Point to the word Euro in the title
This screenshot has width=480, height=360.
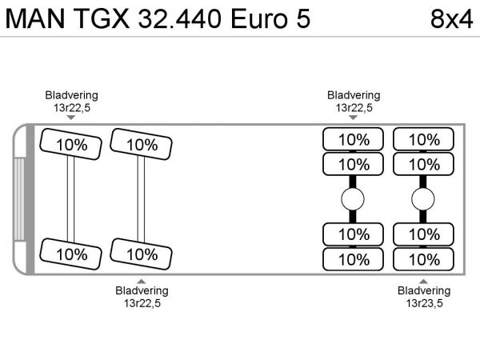pos(256,18)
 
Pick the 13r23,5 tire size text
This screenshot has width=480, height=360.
pos(424,303)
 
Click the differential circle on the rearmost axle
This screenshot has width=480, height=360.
pos(423,199)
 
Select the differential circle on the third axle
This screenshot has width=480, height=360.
pos(353,199)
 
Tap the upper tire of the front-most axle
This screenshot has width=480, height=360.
pos(72,145)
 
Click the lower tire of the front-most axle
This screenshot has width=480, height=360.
pos(72,254)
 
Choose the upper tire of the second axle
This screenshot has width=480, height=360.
pos(142,145)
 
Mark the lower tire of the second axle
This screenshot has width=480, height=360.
pos(142,254)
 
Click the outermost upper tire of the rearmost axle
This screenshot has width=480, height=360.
pos(424,139)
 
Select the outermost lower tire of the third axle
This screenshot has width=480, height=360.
pos(354,259)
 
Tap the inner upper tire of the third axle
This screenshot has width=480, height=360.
pos(354,164)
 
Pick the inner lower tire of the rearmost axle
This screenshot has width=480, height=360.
pos(424,234)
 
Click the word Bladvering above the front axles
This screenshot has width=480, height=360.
pos(71,95)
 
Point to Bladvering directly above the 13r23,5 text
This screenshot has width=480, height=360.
pos(424,290)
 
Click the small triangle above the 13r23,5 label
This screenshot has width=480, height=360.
pos(424,281)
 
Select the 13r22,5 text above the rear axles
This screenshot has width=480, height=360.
pos(354,107)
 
